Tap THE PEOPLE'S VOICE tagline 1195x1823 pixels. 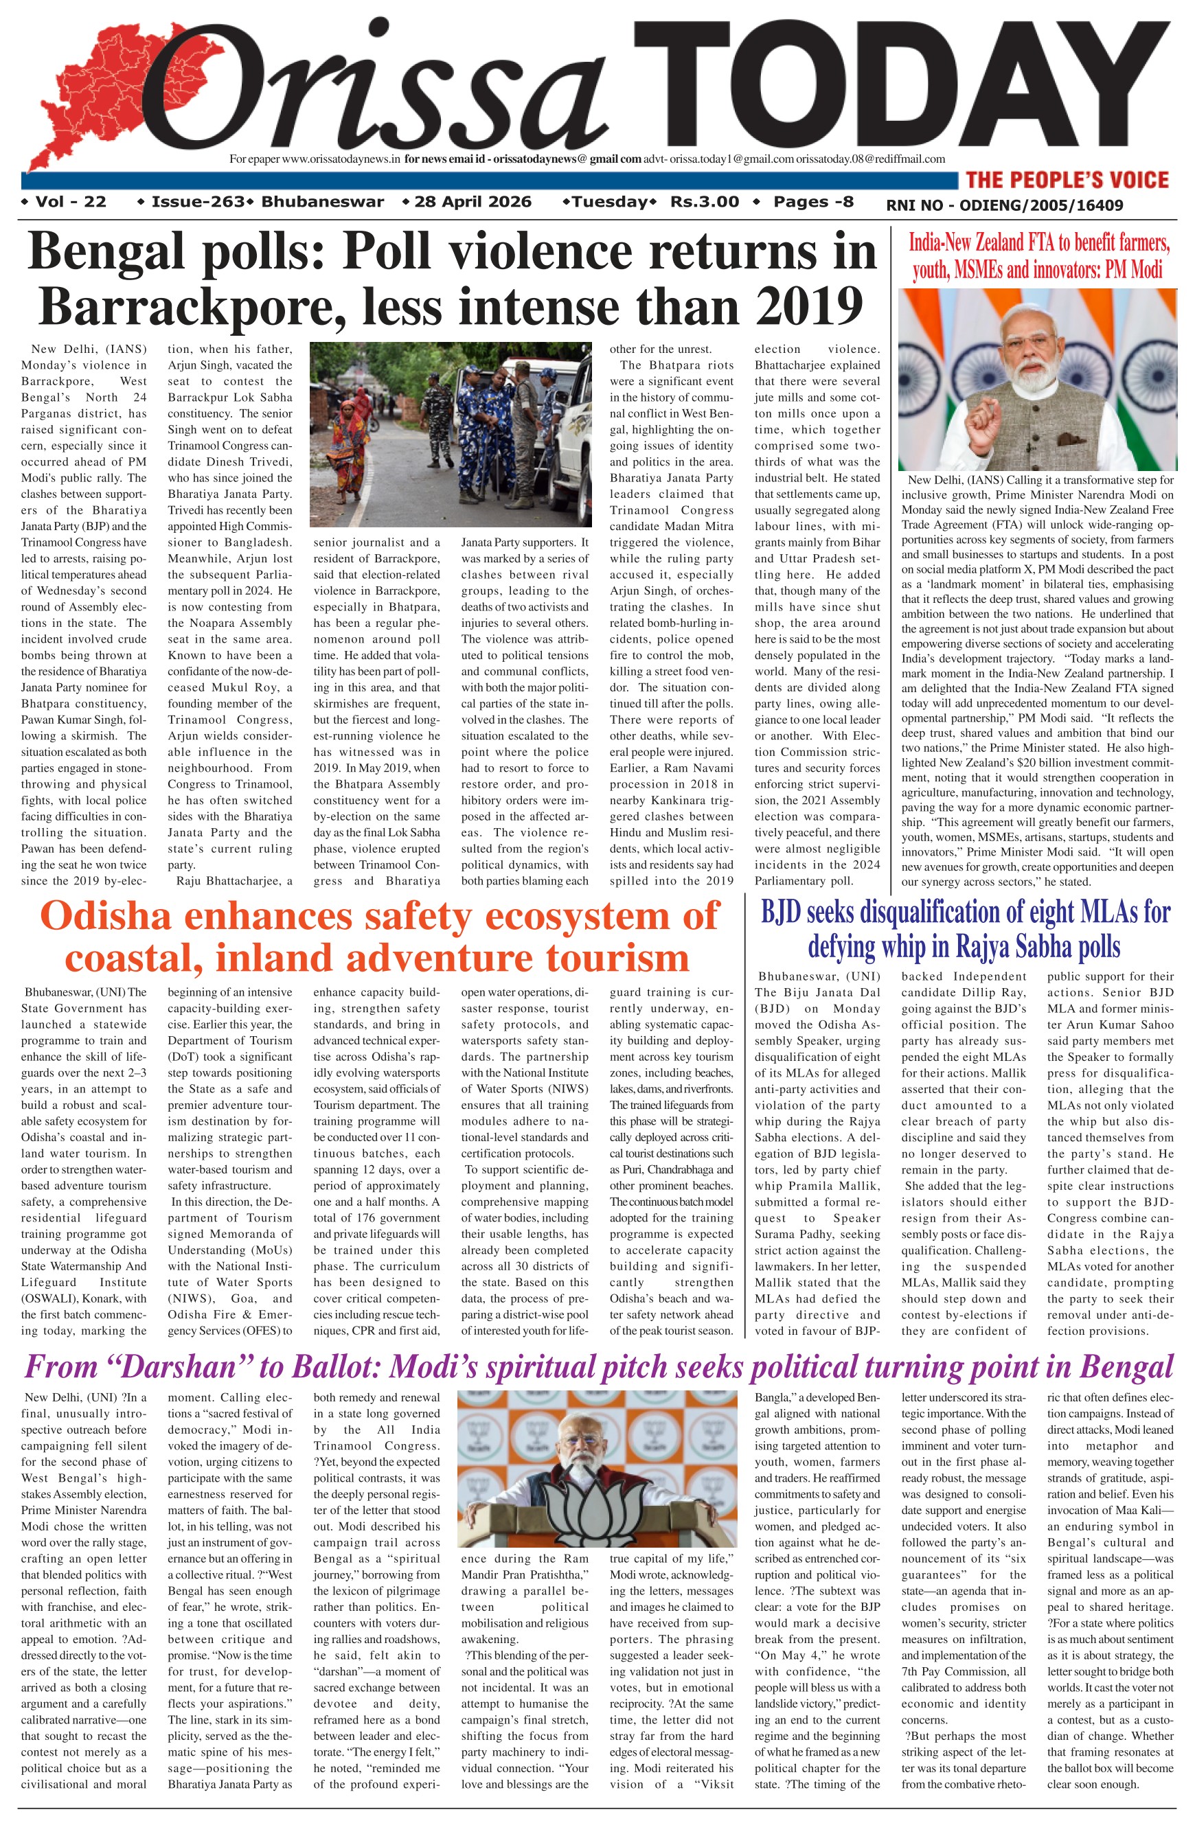tap(1067, 180)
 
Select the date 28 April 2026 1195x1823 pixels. tap(472, 203)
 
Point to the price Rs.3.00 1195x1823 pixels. tap(704, 203)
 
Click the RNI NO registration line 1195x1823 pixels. tap(1004, 205)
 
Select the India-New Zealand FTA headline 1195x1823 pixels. tap(1038, 257)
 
